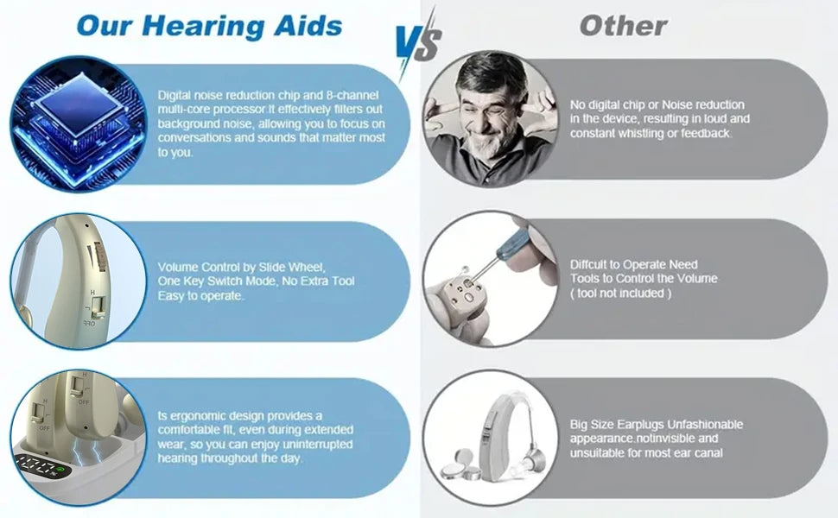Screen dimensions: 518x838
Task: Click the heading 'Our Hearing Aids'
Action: tap(209, 25)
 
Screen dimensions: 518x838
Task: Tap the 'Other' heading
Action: tap(624, 25)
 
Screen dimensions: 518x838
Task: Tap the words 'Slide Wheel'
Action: tap(295, 267)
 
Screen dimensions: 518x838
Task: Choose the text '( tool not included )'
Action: tap(619, 294)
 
